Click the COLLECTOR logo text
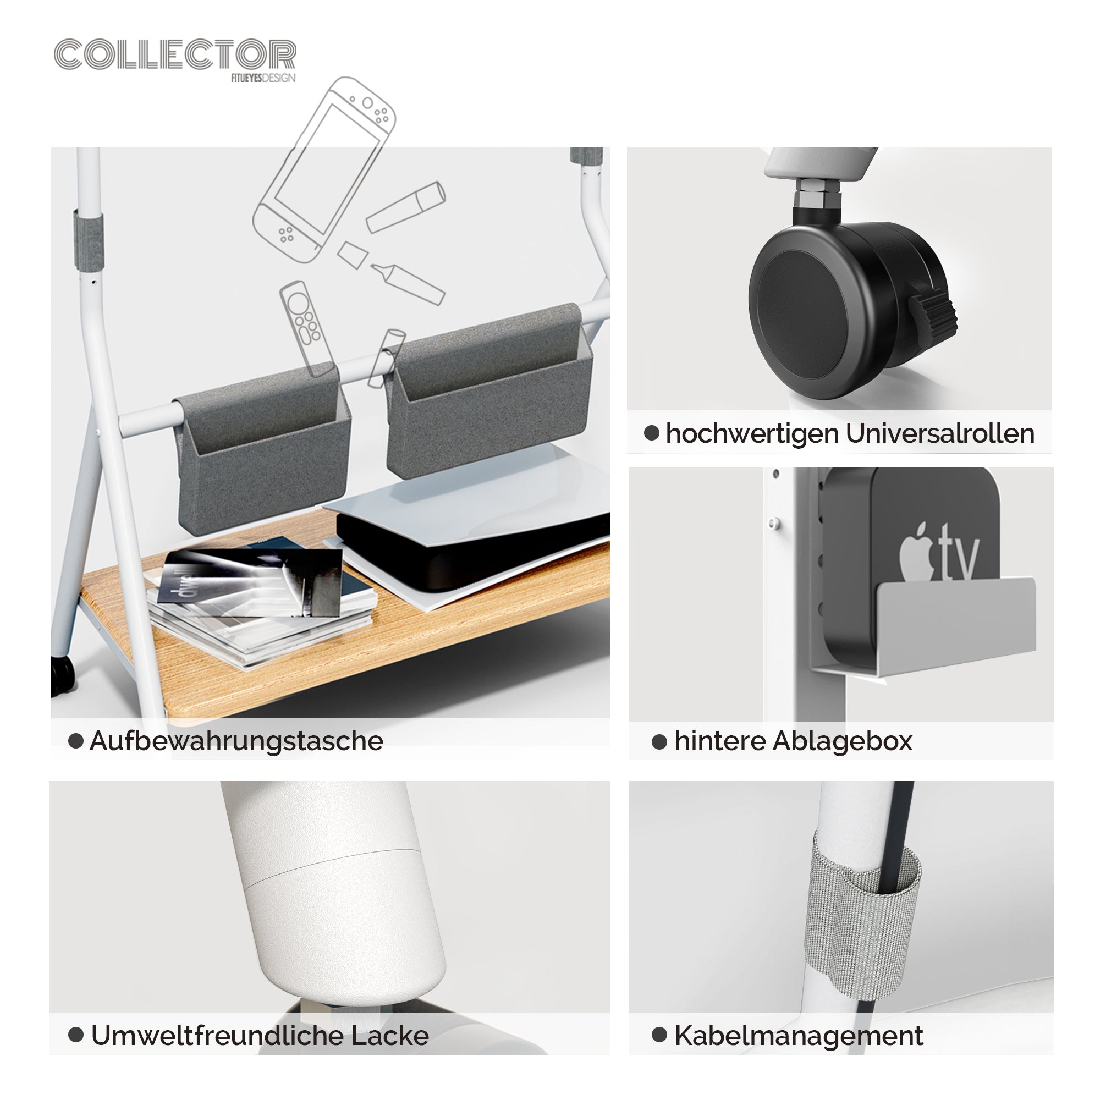pos(175,54)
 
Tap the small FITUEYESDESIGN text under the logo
pos(263,78)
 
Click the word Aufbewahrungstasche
pos(237,741)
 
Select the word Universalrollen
pos(939,433)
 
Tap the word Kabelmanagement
pos(799,1035)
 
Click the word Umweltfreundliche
pos(217,1035)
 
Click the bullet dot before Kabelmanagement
pos(659,1035)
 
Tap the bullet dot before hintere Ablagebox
pos(659,741)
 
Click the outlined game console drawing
pos(324,169)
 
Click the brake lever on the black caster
pos(933,313)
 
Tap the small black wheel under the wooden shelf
pos(62,676)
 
